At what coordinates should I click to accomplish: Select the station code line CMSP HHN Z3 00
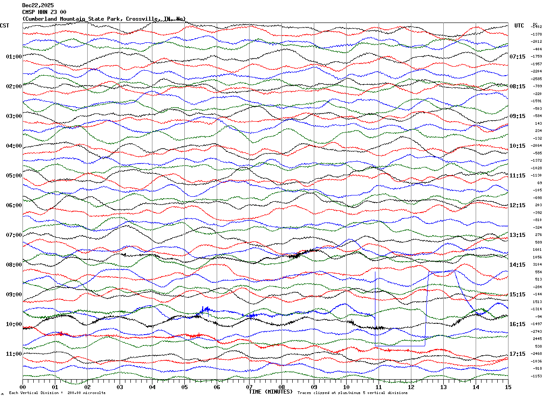[45, 12]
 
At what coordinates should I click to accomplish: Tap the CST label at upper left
[4, 26]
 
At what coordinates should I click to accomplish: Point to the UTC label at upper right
[519, 26]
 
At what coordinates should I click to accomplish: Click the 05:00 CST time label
[13, 176]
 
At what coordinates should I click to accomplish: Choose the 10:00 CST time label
[13, 324]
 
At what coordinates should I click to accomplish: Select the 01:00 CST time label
[13, 57]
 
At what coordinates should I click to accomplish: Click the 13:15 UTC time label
[517, 235]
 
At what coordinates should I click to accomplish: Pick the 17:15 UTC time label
[517, 354]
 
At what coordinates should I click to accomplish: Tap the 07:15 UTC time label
[517, 57]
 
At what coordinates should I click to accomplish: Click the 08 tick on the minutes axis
[281, 387]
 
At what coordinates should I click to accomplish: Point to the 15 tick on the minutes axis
[508, 387]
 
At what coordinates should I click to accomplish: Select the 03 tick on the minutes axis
[120, 387]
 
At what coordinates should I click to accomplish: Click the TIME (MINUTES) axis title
[271, 392]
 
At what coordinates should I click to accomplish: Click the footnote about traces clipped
[352, 393]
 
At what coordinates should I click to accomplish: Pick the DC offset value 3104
[537, 265]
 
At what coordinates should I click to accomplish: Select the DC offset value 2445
[537, 339]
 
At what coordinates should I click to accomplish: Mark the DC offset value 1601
[537, 250]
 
